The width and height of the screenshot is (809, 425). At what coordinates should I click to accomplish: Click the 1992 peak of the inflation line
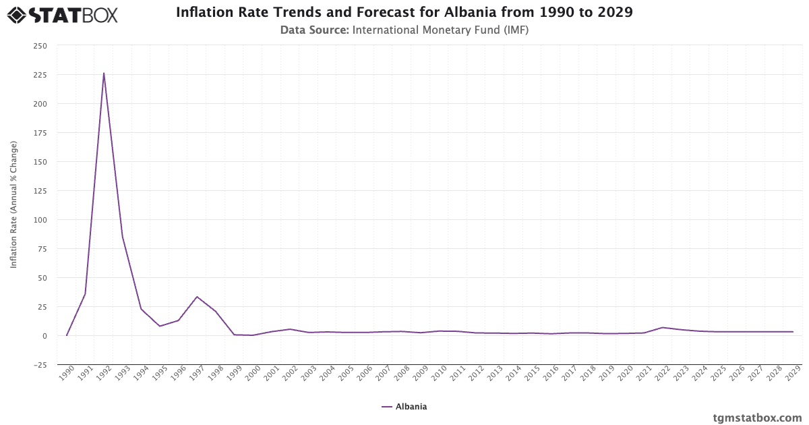(104, 74)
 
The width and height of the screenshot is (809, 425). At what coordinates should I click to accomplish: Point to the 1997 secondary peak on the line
(197, 297)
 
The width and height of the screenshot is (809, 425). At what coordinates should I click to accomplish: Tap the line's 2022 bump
(663, 327)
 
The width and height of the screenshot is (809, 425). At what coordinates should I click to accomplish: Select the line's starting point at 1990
(67, 335)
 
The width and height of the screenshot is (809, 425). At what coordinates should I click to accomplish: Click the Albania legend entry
(404, 407)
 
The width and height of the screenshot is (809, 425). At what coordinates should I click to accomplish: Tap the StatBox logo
(63, 14)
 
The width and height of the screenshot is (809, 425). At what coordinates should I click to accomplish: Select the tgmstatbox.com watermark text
(757, 418)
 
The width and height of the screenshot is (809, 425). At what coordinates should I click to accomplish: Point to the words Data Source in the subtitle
(314, 30)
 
